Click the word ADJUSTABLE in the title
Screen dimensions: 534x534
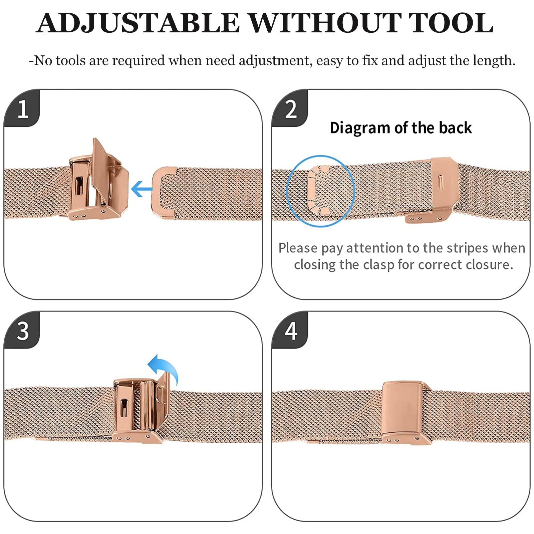138,23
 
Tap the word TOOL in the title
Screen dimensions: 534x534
451,23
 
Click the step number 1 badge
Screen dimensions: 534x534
22,108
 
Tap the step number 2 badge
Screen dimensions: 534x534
290,108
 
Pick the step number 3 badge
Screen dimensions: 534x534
22,330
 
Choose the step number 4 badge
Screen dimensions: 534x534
290,330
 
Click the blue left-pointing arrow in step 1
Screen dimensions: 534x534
142,189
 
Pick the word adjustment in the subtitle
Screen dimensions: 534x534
276,61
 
